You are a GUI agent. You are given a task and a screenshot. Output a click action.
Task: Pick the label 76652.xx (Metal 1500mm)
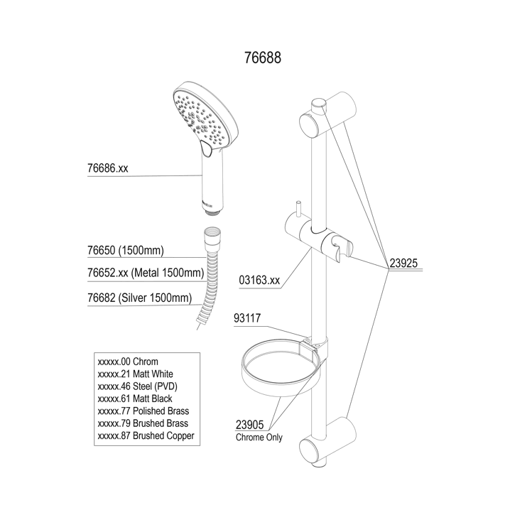click(144, 273)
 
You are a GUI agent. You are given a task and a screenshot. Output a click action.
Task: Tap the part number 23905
click(249, 425)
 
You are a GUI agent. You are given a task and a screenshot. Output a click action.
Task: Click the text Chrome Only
click(259, 438)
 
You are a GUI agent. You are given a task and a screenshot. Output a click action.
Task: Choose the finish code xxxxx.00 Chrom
click(128, 362)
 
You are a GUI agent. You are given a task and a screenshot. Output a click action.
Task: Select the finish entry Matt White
click(135, 374)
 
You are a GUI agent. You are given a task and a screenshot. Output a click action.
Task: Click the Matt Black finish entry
click(135, 398)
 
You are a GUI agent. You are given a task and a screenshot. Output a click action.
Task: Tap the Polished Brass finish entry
click(142, 411)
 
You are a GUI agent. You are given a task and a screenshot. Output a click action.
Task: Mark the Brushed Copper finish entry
click(145, 435)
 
